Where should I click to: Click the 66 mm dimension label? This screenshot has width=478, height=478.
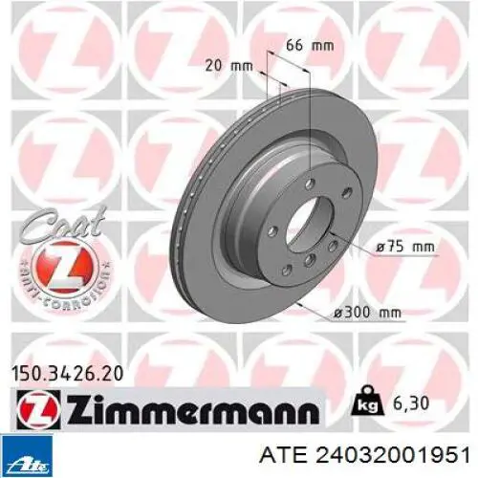click(310, 45)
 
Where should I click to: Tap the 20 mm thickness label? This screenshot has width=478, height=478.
click(228, 66)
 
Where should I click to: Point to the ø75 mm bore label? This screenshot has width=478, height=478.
click(404, 247)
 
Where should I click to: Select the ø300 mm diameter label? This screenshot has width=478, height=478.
click(367, 187)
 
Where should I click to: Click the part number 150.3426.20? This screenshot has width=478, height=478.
click(67, 374)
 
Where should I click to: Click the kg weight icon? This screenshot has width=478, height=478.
click(364, 401)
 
